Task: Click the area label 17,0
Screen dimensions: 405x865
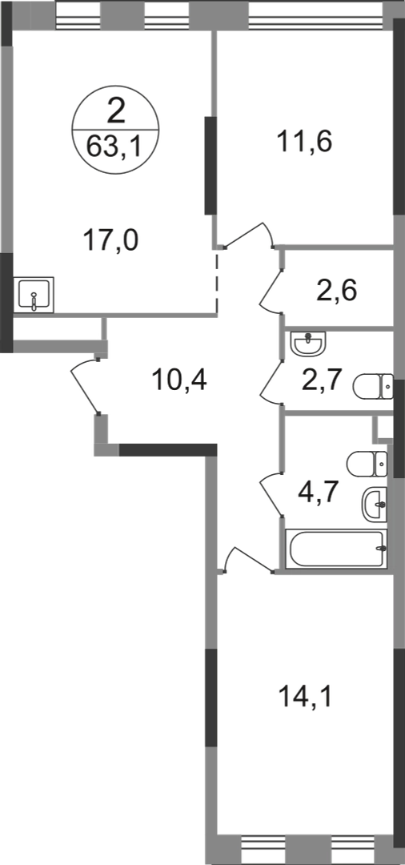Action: coord(110,241)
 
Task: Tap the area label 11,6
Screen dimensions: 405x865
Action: coord(305,143)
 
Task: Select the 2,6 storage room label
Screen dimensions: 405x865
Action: coord(337,289)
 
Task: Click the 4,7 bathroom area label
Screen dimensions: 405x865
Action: coord(319,489)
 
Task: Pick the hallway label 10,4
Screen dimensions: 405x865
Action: coord(178,380)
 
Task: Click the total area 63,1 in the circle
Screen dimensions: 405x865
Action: coord(115,148)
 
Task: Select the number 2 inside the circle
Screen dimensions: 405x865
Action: coord(116,111)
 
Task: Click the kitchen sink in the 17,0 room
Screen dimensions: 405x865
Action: coord(34,295)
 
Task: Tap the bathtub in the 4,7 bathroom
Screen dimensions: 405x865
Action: coord(336,548)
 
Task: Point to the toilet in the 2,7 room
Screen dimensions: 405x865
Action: coord(373,386)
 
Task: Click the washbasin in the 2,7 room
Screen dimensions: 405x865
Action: coord(309,344)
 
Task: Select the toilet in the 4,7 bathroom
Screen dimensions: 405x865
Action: coord(367,464)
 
